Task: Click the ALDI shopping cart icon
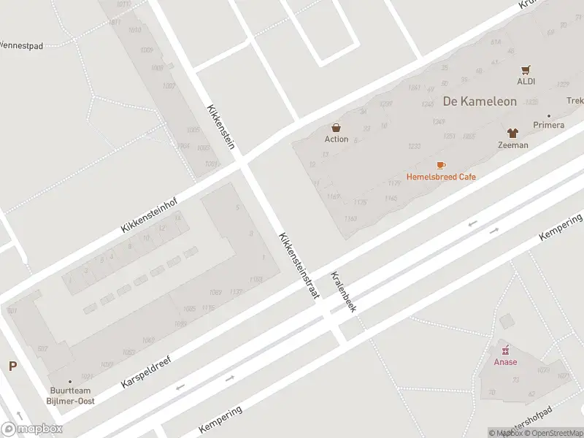point(526,70)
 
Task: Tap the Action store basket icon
point(337,128)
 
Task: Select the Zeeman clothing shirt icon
point(512,133)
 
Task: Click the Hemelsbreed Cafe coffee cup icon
point(441,165)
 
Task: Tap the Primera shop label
point(548,125)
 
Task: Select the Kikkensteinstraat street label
point(299,266)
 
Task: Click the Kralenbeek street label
point(342,292)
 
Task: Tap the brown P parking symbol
point(12,366)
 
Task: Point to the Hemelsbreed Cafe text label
point(441,177)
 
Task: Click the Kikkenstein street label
point(220,126)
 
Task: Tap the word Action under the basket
point(337,139)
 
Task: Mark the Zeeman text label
point(512,145)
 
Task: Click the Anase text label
point(504,362)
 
